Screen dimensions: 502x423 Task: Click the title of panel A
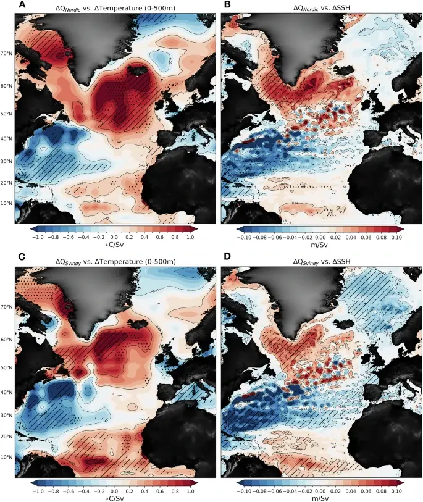[x=115, y=6]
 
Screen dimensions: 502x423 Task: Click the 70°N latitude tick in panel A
[x=9, y=54]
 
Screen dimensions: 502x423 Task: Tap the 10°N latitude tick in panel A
[x=9, y=203]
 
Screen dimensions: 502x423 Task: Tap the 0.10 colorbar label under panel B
[x=396, y=236]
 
